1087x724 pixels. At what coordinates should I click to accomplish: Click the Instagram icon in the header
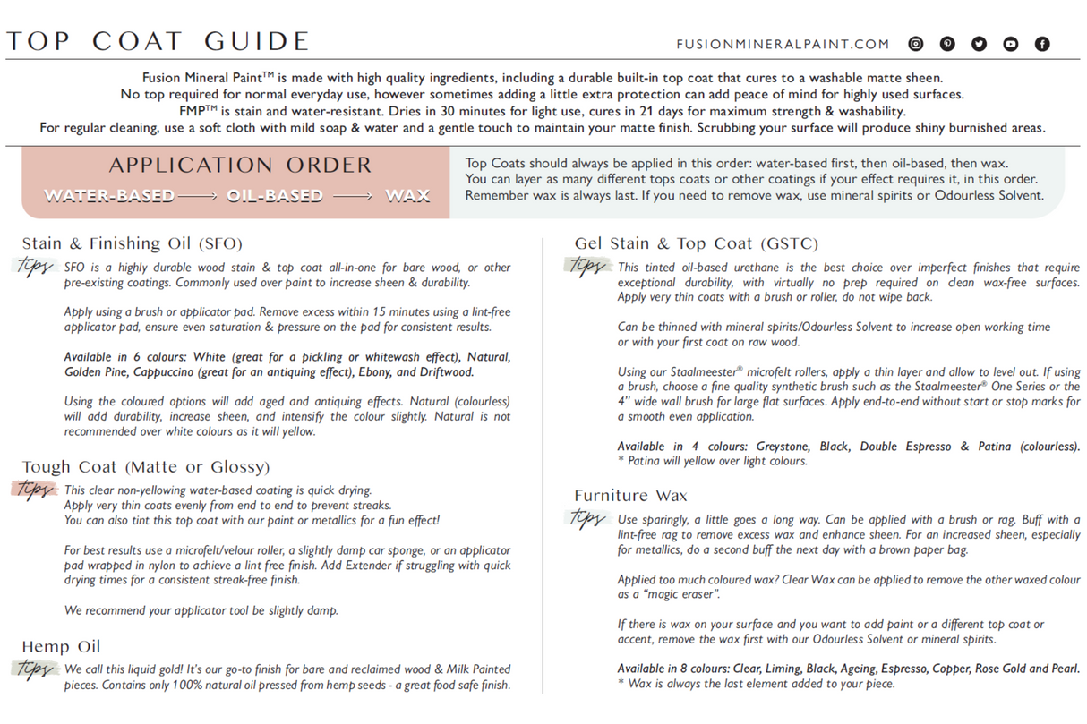(916, 44)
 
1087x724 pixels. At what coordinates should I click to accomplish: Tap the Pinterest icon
(947, 44)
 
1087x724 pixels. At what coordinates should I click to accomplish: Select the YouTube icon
(1010, 44)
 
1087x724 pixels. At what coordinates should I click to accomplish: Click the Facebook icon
(1042, 44)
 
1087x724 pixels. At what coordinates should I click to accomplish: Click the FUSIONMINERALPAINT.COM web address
(783, 44)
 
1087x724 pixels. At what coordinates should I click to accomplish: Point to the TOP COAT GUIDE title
(158, 42)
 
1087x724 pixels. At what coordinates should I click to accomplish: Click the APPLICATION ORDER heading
(240, 166)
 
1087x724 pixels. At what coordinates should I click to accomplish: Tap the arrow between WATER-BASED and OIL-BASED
(200, 196)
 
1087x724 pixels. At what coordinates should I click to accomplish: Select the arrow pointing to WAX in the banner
(353, 196)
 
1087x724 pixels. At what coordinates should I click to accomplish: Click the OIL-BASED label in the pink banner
(274, 196)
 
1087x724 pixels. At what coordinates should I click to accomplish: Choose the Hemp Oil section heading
(61, 646)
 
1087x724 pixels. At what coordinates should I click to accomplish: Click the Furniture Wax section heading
(630, 496)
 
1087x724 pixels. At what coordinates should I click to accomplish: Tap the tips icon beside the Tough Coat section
(35, 490)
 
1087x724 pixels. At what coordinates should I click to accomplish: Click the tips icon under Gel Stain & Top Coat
(587, 266)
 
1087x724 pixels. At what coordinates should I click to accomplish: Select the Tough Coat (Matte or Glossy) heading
(145, 467)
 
